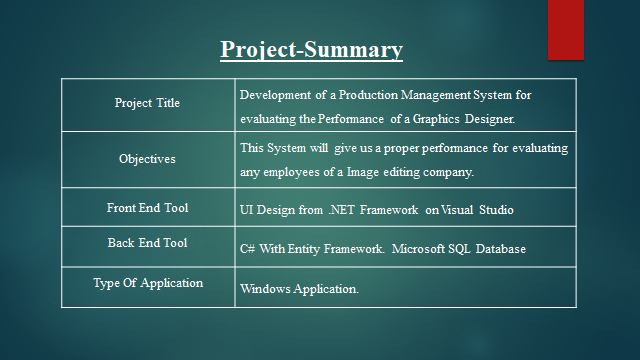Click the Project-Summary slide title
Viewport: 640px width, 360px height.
pyautogui.click(x=312, y=49)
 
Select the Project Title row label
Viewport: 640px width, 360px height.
pyautogui.click(x=148, y=103)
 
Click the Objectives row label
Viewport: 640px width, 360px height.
pyautogui.click(x=147, y=158)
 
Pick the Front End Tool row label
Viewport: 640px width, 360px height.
pyautogui.click(x=147, y=208)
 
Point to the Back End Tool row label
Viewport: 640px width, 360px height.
pyautogui.click(x=147, y=243)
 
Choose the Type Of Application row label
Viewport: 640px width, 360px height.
pyautogui.click(x=148, y=283)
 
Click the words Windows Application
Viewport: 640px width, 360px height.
pyautogui.click(x=299, y=289)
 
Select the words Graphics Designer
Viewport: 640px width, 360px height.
pyautogui.click(x=470, y=119)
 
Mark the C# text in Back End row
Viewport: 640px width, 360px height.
pyautogui.click(x=247, y=248)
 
